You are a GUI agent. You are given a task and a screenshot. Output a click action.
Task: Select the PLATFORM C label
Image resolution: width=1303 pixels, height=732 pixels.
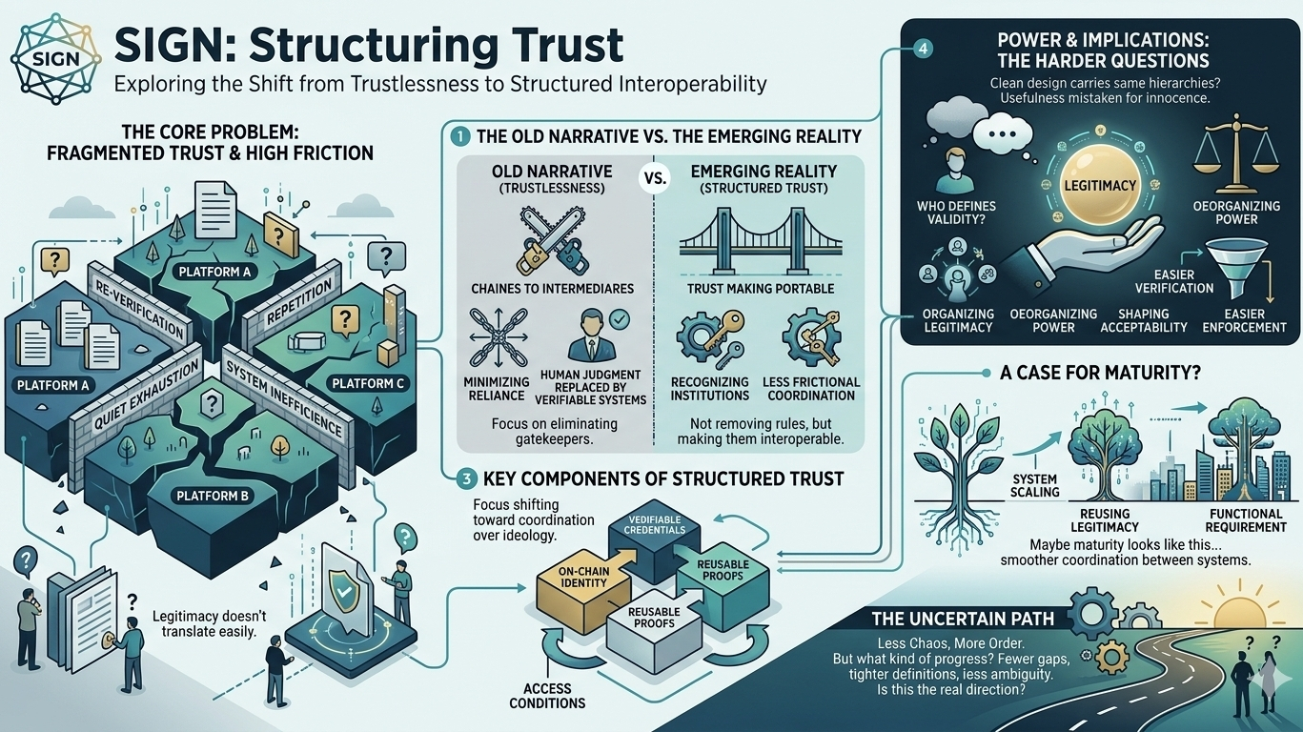(x=367, y=384)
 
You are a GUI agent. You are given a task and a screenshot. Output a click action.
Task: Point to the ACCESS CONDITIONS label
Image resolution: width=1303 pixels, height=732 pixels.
(x=546, y=697)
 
